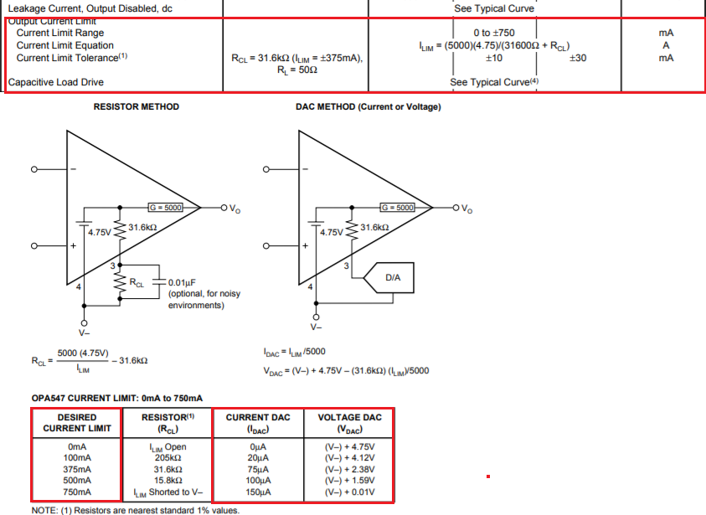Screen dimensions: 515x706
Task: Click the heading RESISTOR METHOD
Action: (x=136, y=107)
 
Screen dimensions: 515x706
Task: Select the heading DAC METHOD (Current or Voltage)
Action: (x=368, y=107)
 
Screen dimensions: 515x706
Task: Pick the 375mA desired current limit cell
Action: (x=77, y=470)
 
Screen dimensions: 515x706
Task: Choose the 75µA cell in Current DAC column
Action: (x=259, y=470)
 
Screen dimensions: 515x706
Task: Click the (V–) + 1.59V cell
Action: (x=350, y=482)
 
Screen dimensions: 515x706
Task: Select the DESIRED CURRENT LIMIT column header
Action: (x=77, y=423)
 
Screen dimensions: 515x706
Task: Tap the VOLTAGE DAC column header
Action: (x=350, y=423)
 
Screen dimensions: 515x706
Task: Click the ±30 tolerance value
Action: (x=577, y=58)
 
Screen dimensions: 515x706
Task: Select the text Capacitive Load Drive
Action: (x=55, y=83)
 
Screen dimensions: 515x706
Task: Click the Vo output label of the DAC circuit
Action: (x=466, y=209)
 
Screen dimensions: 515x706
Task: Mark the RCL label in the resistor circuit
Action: (x=136, y=284)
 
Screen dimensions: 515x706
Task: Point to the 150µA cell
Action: (x=259, y=493)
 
